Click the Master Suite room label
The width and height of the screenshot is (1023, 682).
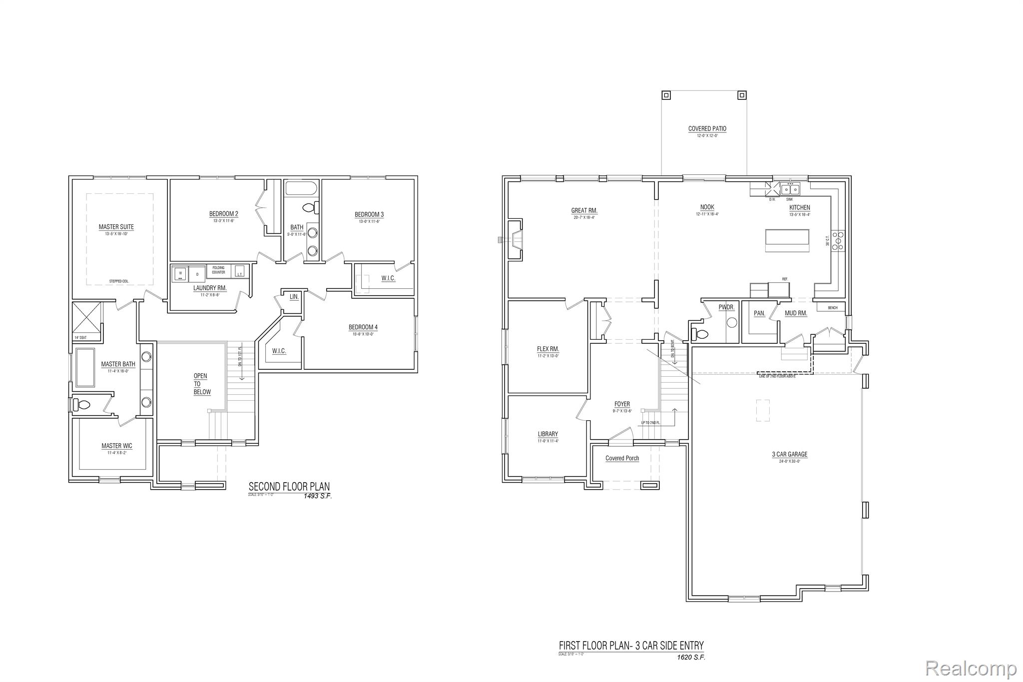point(116,227)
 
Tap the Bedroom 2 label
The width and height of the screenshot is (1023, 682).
point(223,214)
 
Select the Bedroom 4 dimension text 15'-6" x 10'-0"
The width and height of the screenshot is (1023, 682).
point(363,334)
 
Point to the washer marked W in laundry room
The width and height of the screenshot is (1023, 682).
point(180,273)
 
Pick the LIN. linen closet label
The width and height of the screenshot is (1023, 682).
point(294,297)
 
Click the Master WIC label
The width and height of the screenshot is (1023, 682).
point(117,446)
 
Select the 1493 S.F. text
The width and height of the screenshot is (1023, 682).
point(317,496)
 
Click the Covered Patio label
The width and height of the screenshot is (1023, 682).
point(707,128)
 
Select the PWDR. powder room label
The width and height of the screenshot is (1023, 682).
point(726,307)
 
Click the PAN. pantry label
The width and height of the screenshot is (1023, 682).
point(759,313)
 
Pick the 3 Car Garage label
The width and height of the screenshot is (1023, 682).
point(789,454)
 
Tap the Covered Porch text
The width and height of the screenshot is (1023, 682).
point(622,458)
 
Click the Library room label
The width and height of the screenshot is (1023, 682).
point(548,434)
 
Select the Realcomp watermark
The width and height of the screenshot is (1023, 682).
point(971,668)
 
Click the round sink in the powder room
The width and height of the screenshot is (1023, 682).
point(732,323)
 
